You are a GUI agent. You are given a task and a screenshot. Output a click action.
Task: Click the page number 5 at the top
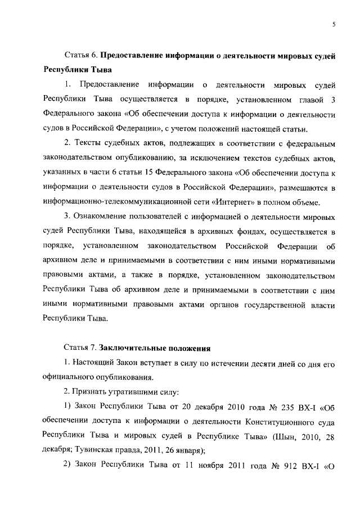[334, 24]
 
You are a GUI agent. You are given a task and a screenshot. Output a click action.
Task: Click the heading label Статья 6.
[80, 56]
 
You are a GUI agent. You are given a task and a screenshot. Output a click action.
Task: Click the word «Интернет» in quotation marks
[247, 202]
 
